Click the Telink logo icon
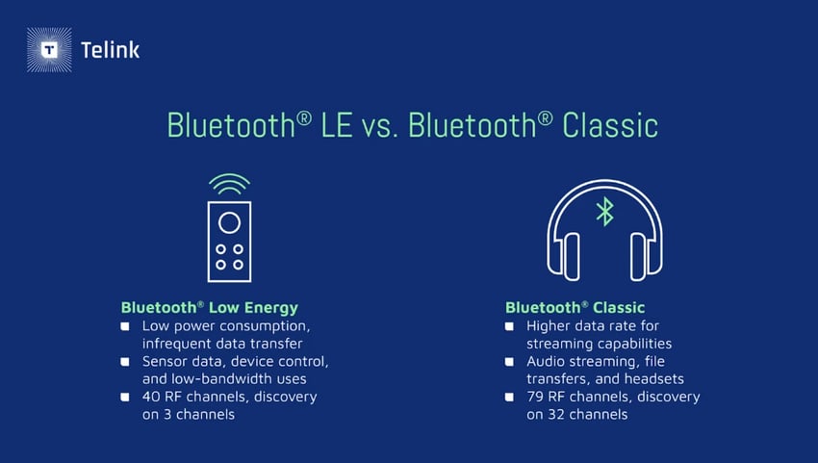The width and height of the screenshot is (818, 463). [48, 49]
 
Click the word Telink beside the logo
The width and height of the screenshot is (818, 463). [111, 50]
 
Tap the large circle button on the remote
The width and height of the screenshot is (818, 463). [229, 223]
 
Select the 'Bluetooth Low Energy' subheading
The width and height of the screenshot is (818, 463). [209, 308]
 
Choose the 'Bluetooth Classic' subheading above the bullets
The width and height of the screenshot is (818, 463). [575, 308]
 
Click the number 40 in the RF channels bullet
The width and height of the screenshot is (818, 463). [151, 397]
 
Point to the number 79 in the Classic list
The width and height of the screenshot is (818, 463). [536, 397]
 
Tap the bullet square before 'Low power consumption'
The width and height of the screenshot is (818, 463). [125, 326]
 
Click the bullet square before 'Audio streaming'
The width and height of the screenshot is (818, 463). [510, 362]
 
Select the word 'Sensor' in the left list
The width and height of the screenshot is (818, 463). [166, 362]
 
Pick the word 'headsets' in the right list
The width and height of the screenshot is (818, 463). [652, 379]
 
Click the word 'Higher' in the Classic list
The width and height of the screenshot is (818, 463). [550, 326]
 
